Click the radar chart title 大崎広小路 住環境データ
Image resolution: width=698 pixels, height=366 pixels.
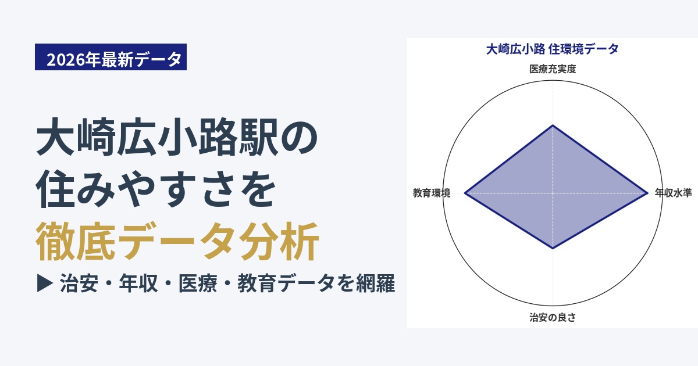553,49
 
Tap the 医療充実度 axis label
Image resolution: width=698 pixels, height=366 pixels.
553,69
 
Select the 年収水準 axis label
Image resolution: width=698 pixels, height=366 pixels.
674,193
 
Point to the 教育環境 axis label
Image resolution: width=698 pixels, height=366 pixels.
432,193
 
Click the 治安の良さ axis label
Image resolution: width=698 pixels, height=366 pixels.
553,317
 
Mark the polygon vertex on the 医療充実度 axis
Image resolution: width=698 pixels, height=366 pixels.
553,125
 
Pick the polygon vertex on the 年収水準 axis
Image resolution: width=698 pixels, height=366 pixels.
647,193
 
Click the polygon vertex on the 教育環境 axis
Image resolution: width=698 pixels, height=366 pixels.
465,193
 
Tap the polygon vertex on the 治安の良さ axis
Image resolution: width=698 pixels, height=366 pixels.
553,249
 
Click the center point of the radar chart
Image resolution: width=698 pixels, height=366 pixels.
553,193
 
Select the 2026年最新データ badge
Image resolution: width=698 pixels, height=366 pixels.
111,57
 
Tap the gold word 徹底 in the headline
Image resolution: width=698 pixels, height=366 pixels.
76,241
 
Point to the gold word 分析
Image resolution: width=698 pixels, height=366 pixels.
279,241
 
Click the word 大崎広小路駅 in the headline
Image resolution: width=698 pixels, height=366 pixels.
156,137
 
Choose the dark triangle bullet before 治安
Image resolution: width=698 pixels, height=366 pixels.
45,283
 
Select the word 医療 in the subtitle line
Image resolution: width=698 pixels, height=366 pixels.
198,284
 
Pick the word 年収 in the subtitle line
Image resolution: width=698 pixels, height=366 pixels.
138,284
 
